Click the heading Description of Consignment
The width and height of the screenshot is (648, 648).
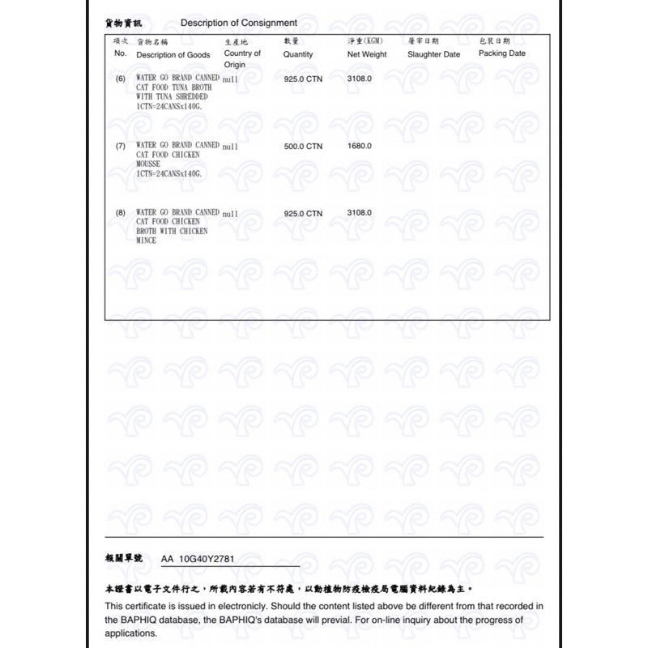tap(238, 23)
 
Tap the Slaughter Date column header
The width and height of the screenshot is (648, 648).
tap(433, 54)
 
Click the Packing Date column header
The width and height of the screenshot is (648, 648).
tap(501, 53)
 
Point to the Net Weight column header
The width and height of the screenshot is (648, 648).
tap(367, 54)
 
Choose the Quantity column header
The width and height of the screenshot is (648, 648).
tap(298, 54)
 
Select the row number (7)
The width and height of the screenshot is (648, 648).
tap(121, 146)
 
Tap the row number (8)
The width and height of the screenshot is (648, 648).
tap(121, 213)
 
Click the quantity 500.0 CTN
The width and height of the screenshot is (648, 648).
tap(303, 146)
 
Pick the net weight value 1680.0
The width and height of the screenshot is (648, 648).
tap(359, 146)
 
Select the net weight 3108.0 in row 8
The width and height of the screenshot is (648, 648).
tap(359, 213)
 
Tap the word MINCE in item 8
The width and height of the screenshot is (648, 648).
tap(147, 241)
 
